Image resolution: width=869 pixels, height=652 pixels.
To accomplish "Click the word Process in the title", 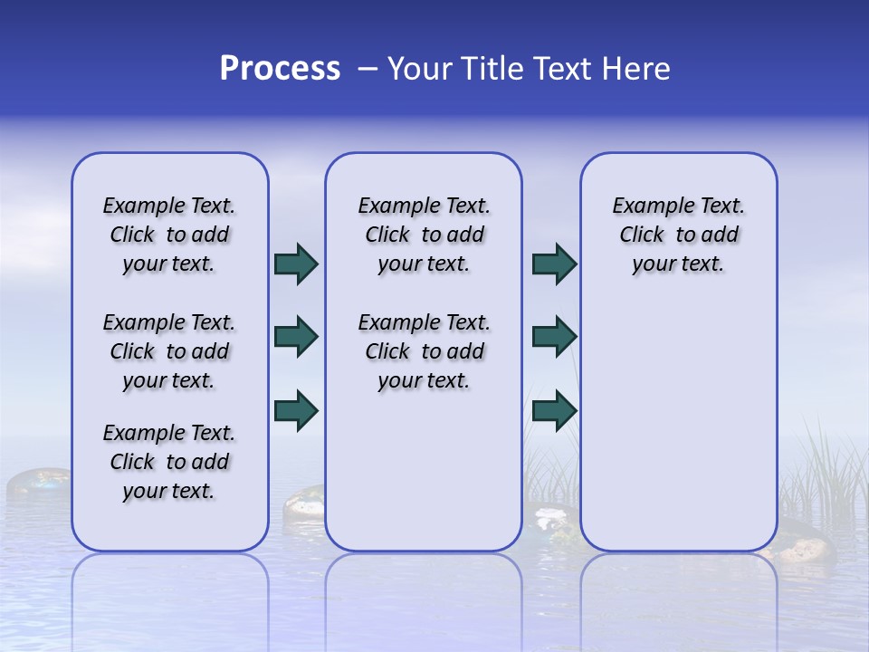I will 280,69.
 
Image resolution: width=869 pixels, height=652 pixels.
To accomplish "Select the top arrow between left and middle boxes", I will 296,264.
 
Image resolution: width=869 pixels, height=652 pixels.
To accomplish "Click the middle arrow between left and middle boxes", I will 296,337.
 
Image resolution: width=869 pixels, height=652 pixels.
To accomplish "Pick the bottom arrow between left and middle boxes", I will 296,410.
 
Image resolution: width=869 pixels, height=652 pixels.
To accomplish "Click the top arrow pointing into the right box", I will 554,264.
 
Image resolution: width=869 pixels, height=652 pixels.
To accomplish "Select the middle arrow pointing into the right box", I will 554,337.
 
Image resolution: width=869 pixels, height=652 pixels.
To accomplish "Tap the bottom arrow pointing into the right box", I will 554,410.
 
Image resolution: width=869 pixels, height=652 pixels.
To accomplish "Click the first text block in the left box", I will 169,235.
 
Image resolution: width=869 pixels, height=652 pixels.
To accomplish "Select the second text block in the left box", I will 169,351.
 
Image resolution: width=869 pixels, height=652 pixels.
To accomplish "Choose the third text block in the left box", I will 169,462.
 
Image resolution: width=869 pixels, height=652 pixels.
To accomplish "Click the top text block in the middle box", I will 424,235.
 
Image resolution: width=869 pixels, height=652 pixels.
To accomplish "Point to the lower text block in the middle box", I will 424,351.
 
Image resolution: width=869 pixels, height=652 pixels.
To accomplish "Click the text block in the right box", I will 678,235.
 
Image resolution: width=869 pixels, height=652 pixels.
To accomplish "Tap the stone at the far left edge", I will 36,482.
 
